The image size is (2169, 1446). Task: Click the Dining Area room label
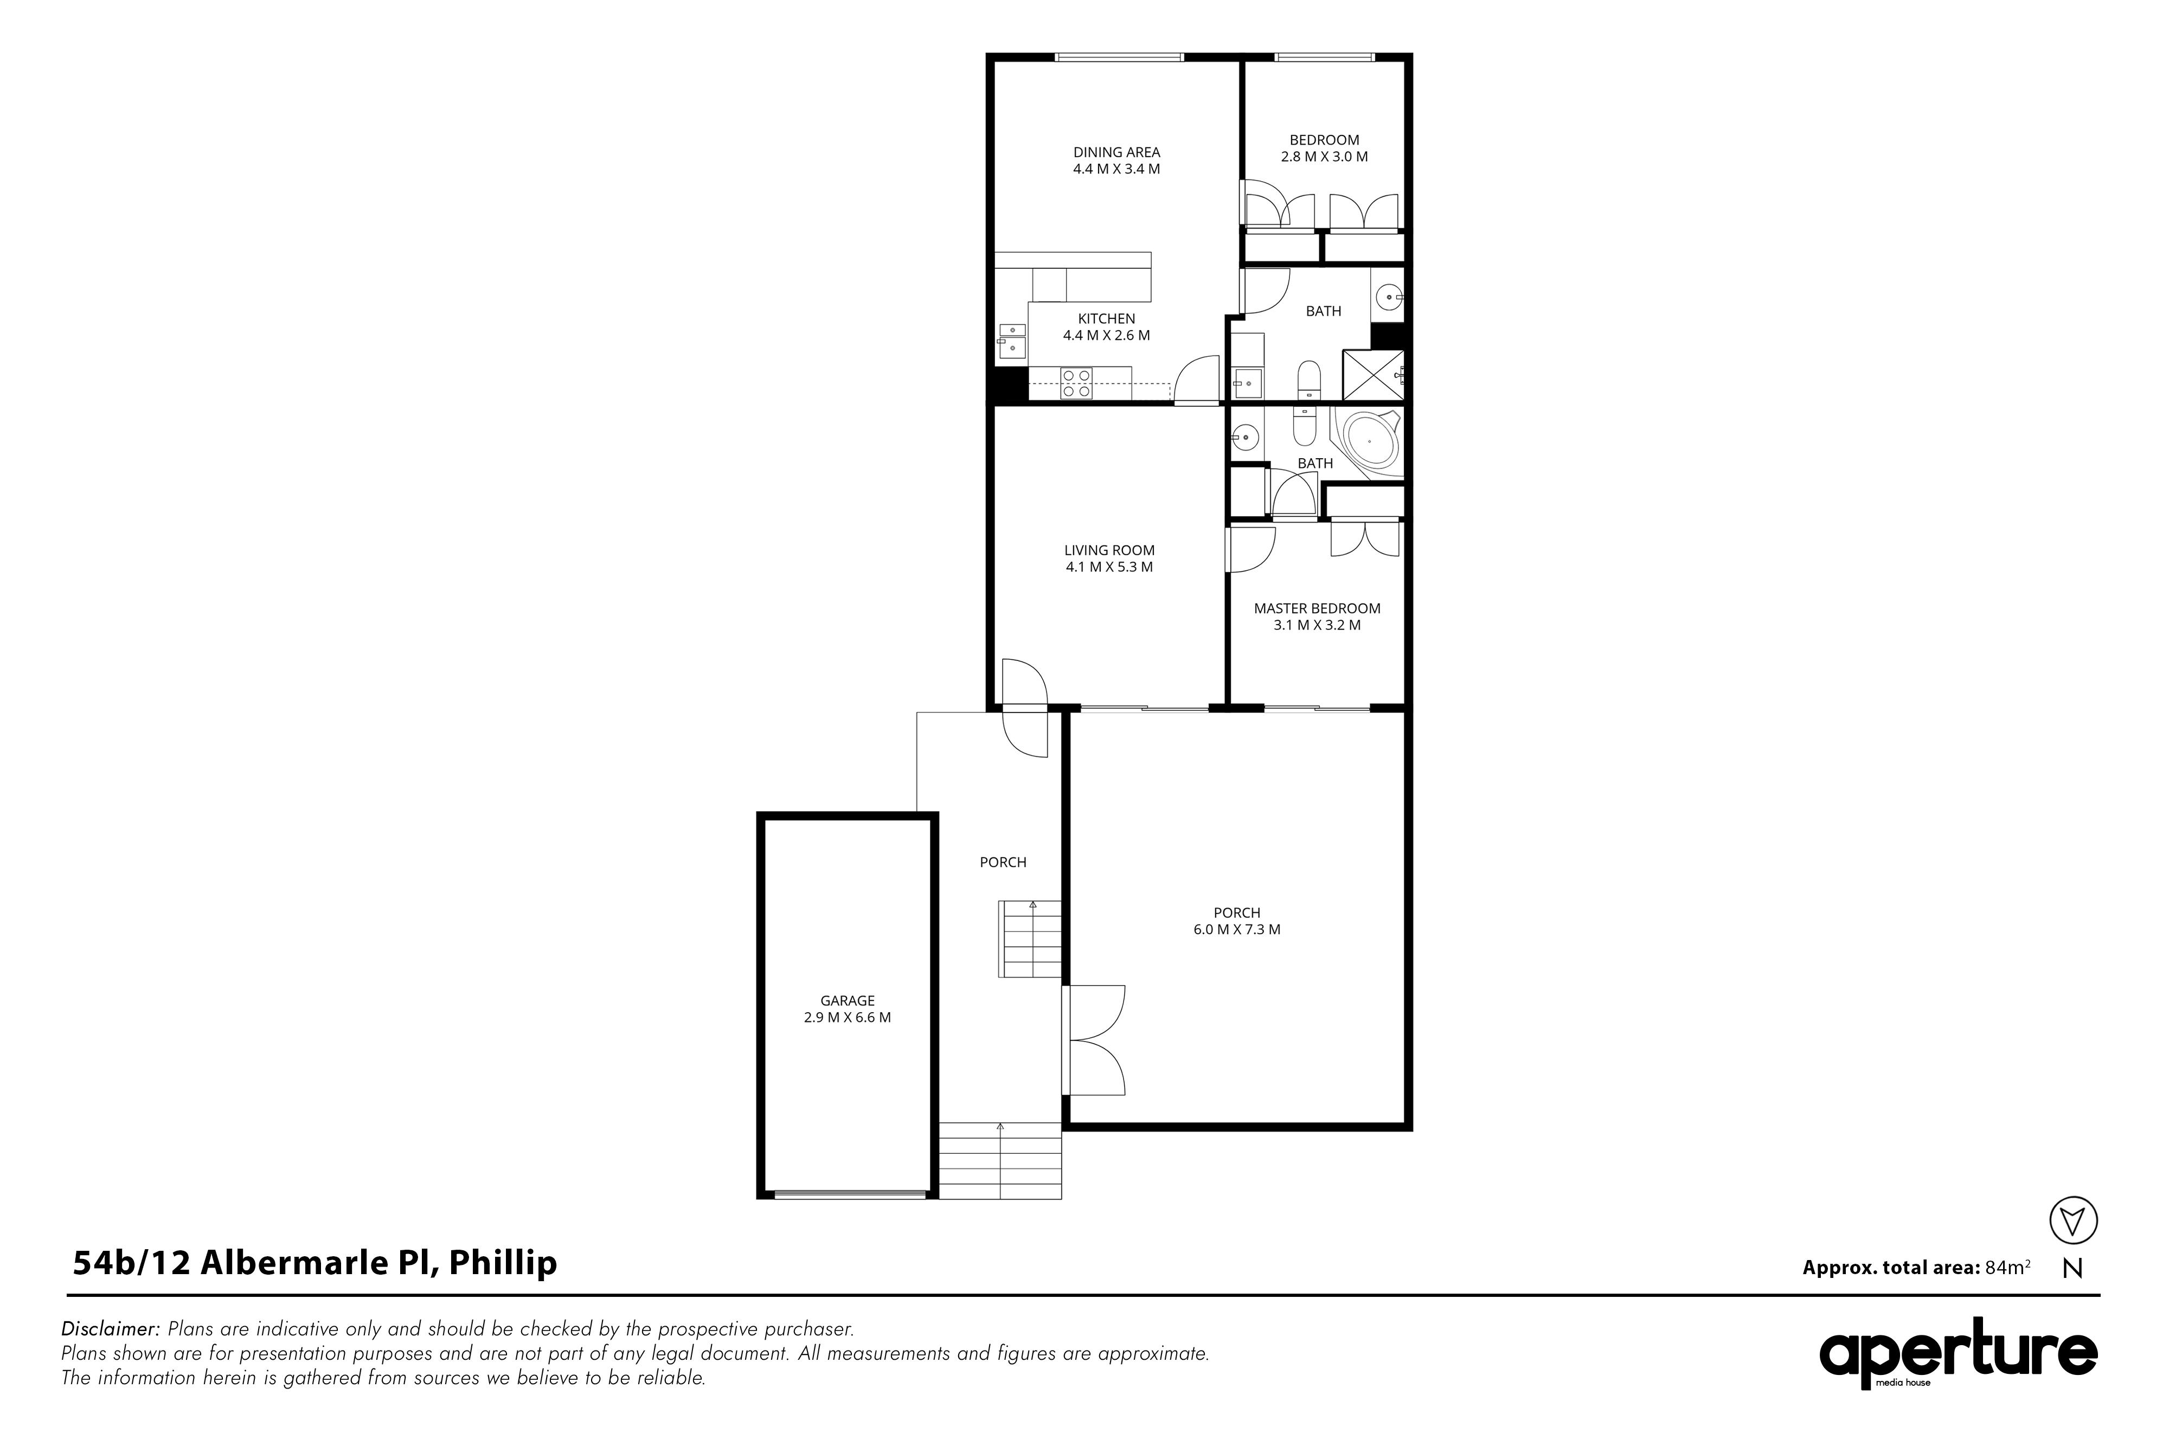click(x=1116, y=152)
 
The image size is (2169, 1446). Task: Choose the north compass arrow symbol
click(x=2073, y=1221)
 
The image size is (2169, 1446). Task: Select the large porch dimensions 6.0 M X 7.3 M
click(x=1237, y=929)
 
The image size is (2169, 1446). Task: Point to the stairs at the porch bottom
click(x=1000, y=1160)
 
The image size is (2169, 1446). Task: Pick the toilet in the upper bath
click(x=1308, y=381)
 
